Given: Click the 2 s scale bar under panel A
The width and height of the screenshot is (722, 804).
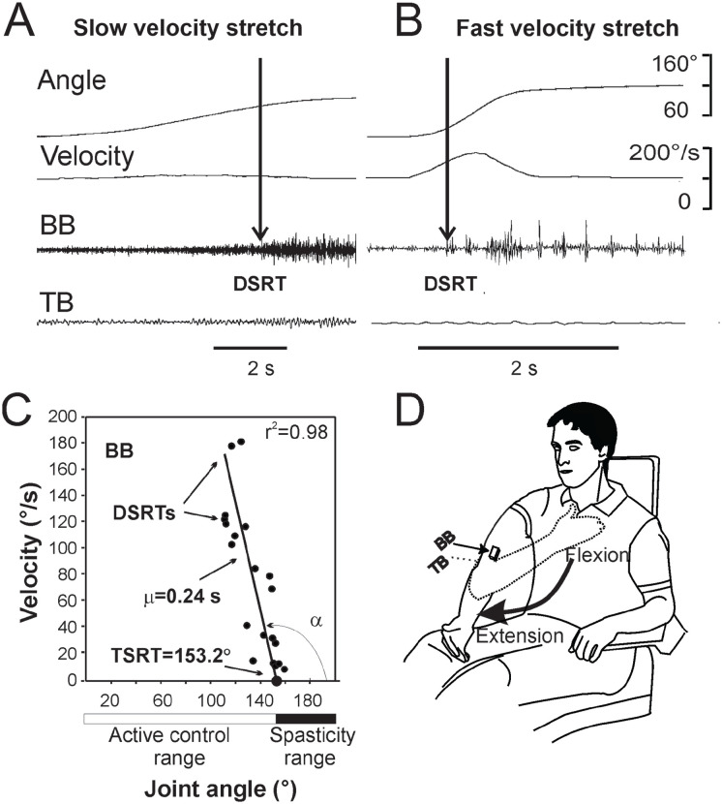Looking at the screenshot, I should [x=249, y=346].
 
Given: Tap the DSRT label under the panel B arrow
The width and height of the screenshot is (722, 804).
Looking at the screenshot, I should [x=451, y=286].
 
